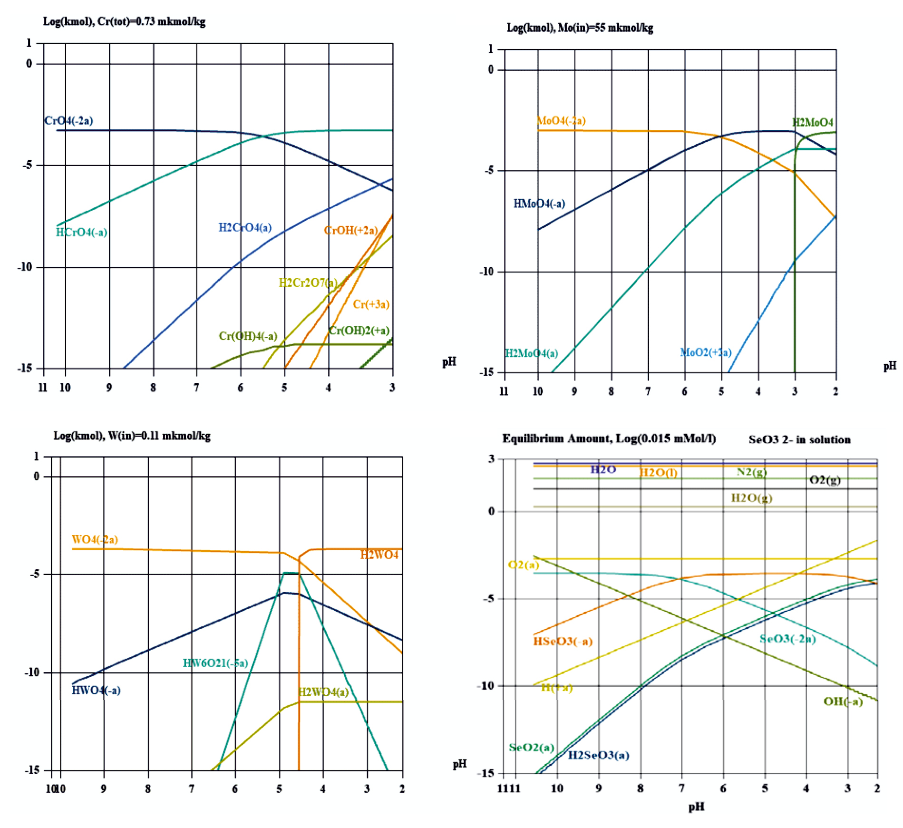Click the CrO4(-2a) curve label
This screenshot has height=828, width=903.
68,121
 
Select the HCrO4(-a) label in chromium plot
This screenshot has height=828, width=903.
81,232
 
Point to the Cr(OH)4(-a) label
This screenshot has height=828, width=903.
248,336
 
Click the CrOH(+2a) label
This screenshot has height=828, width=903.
351,231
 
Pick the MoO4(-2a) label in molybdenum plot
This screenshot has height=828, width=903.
561,121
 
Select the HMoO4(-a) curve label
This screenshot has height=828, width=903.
539,204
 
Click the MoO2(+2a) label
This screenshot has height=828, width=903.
706,352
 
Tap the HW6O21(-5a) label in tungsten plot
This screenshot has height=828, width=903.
215,663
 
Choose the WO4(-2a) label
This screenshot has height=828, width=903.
95,539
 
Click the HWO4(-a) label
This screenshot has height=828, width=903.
96,690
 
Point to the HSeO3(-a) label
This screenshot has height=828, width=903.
563,641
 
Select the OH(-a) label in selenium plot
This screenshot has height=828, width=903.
843,701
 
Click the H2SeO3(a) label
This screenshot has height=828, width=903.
599,755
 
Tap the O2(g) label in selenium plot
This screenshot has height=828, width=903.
825,480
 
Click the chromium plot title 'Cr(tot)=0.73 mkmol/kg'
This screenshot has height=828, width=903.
151,22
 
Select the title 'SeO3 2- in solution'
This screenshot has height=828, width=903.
799,439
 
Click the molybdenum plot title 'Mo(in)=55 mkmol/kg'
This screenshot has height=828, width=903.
605,28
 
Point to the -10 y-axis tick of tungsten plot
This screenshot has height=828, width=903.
32,672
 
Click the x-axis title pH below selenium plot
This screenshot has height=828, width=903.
696,807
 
